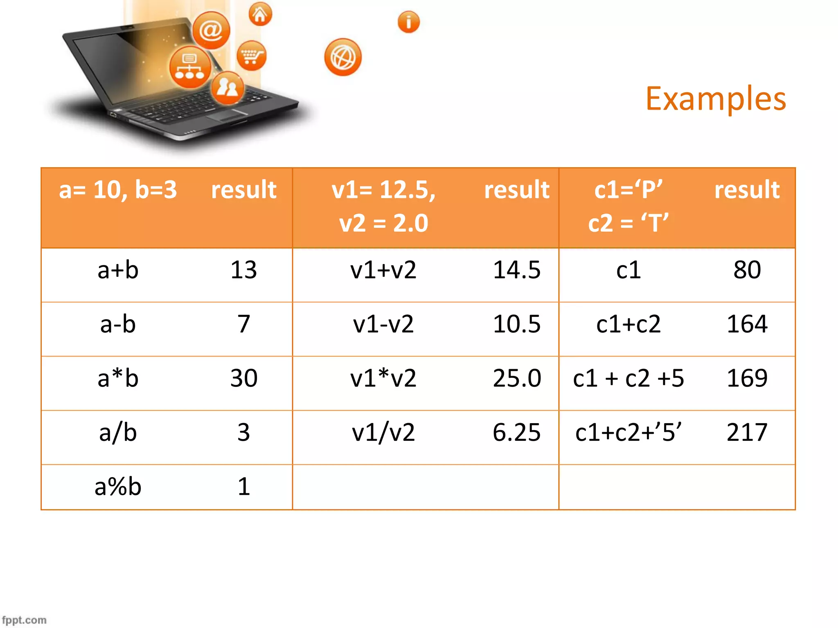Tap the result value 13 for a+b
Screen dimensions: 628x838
(243, 270)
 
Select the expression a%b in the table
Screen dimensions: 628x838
(118, 487)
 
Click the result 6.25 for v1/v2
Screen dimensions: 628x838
(516, 432)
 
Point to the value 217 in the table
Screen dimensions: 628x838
(747, 432)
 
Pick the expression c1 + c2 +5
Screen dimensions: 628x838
(628, 378)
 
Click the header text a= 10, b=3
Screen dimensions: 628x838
(118, 190)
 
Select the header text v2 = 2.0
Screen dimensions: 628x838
(383, 223)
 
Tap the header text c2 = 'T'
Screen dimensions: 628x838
(628, 223)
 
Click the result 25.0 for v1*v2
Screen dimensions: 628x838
(517, 378)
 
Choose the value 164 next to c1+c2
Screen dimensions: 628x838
(747, 324)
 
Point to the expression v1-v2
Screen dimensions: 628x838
(383, 324)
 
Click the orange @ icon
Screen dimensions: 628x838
(211, 30)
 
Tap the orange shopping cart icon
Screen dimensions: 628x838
(251, 56)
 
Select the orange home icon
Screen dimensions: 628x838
(260, 14)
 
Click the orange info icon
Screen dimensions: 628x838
(408, 22)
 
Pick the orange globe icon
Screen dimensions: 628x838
(343, 57)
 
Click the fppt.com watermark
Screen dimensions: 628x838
(24, 620)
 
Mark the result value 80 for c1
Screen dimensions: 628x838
(747, 270)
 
